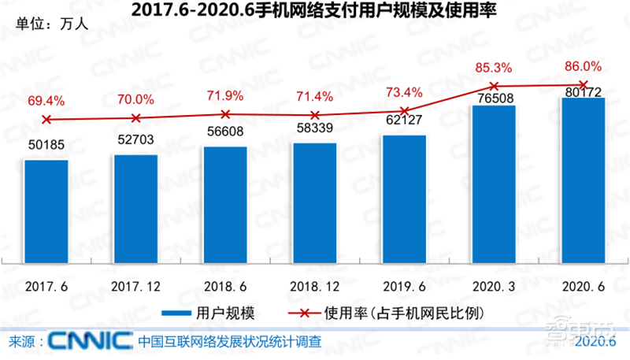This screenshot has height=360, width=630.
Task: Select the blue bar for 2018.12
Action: [x=314, y=206]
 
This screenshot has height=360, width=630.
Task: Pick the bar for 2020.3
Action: [x=494, y=187]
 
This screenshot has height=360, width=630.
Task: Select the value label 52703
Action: [x=135, y=142]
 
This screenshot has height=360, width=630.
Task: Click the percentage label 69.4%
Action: [x=45, y=101]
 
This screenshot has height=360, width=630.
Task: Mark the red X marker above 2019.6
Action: [x=404, y=111]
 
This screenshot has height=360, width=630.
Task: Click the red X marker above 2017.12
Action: [x=135, y=118]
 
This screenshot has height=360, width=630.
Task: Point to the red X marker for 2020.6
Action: [x=583, y=84]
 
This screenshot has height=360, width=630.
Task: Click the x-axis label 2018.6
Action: [x=224, y=284]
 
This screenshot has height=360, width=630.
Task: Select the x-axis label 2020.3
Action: [x=494, y=284]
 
